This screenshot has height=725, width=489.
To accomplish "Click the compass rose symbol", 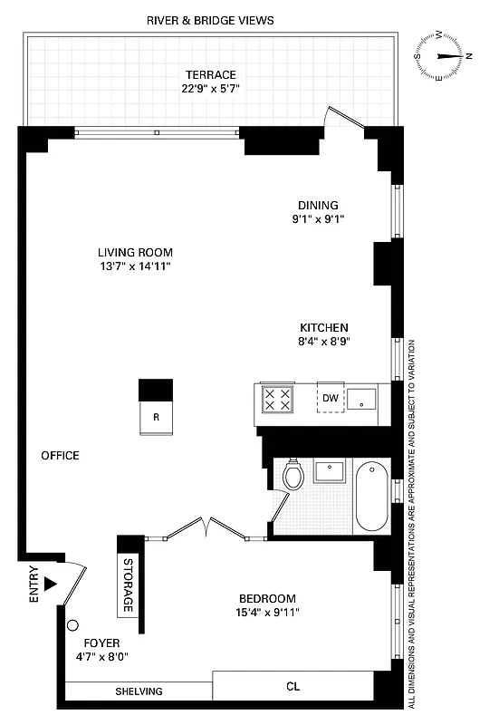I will click(x=444, y=55).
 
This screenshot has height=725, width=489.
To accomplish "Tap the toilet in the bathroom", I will click(x=292, y=474).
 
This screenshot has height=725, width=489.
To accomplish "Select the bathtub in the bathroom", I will click(x=372, y=498).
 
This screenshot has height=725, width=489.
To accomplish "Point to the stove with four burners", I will click(x=277, y=399).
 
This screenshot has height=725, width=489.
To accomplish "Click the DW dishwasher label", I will click(x=331, y=398).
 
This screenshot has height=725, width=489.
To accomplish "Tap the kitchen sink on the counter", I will click(x=364, y=398).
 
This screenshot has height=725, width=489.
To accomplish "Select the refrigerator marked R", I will click(x=156, y=418).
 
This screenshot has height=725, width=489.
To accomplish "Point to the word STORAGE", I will click(x=128, y=589).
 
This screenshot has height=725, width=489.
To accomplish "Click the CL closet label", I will click(x=292, y=687).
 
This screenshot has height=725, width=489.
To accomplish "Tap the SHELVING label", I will click(x=139, y=691).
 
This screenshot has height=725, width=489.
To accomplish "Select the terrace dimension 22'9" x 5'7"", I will click(x=211, y=89).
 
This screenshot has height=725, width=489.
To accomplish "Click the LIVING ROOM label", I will click(x=135, y=253).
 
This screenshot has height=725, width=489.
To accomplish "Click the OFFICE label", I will click(x=60, y=455).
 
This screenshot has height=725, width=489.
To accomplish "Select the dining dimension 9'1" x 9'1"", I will click(x=317, y=218).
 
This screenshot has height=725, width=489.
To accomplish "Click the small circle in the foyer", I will click(x=75, y=624).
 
